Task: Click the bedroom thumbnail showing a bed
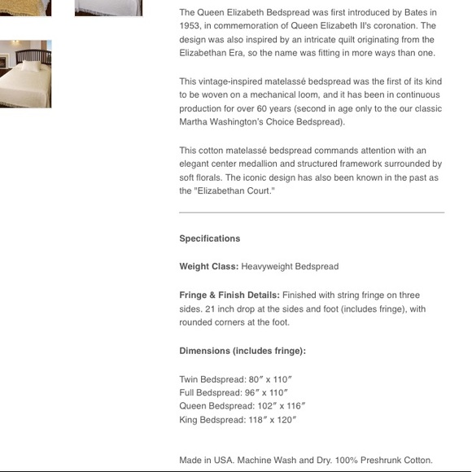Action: pos(25,74)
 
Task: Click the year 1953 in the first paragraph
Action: pos(191,26)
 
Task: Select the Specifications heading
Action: pos(209,238)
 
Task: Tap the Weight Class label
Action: pos(208,266)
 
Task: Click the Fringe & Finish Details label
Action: pos(229,295)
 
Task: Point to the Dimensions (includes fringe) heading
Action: pos(242,351)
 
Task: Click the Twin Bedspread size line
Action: pos(235,379)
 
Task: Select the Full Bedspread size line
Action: pos(234,392)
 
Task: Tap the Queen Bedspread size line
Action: pos(242,406)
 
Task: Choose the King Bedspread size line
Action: pos(238,420)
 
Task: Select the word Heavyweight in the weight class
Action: pos(267,266)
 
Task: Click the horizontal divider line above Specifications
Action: pos(312,212)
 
